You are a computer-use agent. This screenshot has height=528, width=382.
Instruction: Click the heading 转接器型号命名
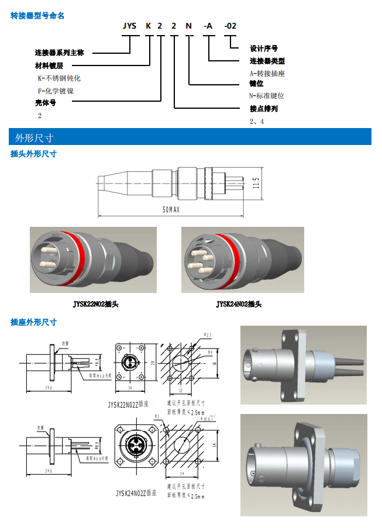click(38, 16)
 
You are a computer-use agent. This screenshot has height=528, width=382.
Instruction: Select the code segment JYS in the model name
click(130, 26)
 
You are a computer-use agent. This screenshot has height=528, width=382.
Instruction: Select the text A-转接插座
click(267, 73)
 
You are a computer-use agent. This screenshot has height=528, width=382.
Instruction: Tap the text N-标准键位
click(267, 96)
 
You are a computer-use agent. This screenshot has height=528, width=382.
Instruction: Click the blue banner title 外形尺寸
click(34, 138)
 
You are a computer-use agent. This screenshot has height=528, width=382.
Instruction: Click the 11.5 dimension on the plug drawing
click(256, 183)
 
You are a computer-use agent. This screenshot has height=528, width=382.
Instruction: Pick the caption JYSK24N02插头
click(239, 304)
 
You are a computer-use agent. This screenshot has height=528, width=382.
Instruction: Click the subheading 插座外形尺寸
click(34, 322)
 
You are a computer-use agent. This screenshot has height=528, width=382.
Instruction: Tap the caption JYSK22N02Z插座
click(128, 403)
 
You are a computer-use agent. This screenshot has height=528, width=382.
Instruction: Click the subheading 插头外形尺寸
click(34, 154)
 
